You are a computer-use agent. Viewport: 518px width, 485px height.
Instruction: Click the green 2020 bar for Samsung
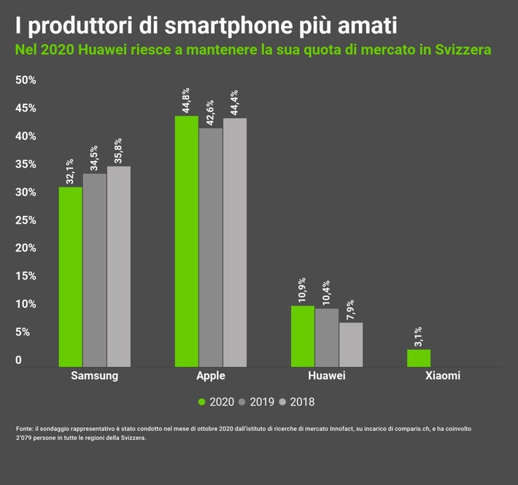click(70, 276)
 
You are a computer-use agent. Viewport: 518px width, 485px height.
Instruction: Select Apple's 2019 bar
click(211, 247)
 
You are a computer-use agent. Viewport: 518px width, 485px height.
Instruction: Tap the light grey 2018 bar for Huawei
click(351, 344)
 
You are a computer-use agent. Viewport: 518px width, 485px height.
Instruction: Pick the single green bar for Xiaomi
click(419, 357)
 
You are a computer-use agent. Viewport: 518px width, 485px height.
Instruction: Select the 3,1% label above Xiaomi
click(419, 337)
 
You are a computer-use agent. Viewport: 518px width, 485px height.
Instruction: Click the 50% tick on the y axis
click(26, 80)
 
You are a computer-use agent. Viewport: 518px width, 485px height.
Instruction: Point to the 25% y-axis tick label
click(26, 220)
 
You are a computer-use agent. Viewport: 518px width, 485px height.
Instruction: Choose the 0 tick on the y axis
click(19, 360)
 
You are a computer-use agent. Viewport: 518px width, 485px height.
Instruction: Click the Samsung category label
click(94, 376)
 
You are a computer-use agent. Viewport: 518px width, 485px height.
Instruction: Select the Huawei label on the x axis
click(327, 376)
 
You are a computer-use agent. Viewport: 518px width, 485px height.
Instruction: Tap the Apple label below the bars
click(211, 376)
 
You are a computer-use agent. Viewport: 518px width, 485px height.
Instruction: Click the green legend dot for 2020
click(202, 402)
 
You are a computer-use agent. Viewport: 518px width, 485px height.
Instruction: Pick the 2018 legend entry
click(301, 402)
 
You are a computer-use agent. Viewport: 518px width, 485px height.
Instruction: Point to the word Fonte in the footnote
click(24, 429)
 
